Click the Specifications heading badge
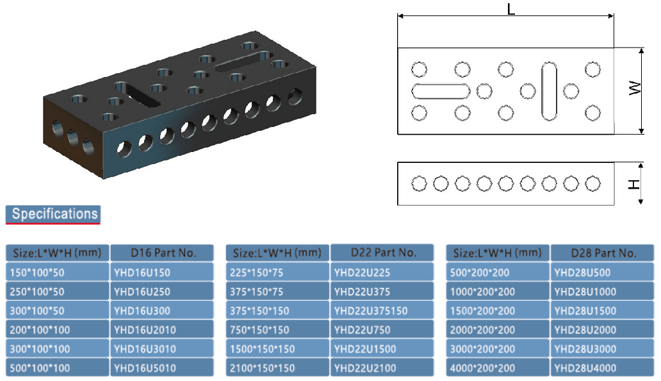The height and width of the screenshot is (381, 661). click(53, 214)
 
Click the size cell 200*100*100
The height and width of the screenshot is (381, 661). click(58, 330)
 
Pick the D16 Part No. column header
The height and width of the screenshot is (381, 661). click(162, 253)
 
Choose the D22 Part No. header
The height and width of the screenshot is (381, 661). click(382, 252)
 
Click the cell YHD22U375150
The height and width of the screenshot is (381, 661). click(382, 310)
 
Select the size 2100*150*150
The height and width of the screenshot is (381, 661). click(277, 368)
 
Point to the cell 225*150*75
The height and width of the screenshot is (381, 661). click(277, 272)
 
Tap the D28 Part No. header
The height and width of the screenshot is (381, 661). click(603, 253)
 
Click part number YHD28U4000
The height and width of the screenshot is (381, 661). click(603, 368)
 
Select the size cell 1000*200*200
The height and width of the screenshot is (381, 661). click(498, 291)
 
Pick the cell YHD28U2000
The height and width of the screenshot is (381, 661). click(603, 330)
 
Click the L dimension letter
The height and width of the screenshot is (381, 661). click(511, 9)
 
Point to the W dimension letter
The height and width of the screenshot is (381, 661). click(635, 88)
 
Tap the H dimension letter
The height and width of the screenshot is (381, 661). click(634, 184)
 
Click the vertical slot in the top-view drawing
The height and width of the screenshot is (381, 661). click(549, 91)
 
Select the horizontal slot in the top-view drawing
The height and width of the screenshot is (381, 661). click(441, 91)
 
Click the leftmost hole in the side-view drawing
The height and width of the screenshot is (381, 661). click(419, 183)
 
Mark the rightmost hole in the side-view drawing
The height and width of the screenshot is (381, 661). click(592, 183)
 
